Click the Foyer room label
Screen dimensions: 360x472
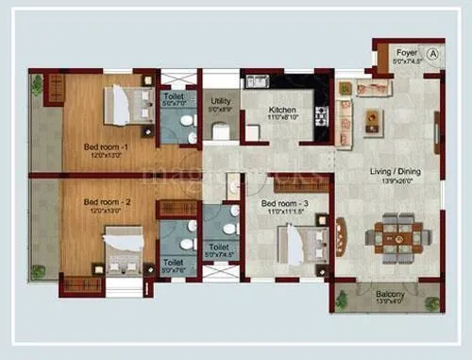407,53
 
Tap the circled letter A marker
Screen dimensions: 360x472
433,53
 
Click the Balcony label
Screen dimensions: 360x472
390,295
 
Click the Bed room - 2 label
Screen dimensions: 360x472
104,202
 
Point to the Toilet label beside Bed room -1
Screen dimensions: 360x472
174,95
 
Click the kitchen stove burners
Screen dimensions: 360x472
321,117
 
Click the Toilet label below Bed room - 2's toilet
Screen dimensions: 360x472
173,263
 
